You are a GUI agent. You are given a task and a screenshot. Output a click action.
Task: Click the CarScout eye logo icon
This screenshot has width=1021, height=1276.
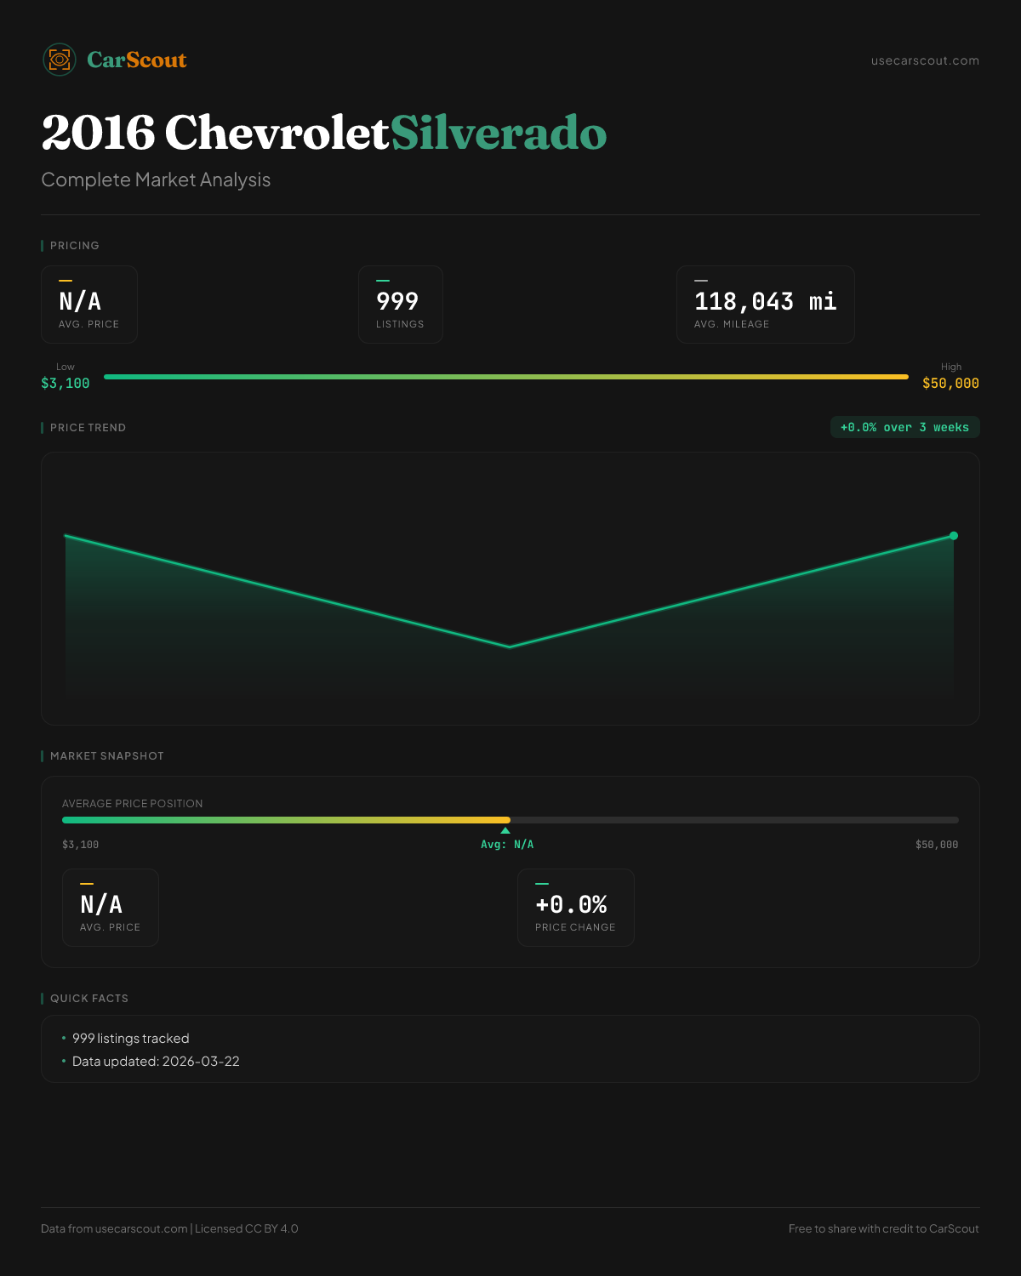[60, 60]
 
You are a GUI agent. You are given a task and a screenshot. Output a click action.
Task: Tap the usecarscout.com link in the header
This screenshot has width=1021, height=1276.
[925, 60]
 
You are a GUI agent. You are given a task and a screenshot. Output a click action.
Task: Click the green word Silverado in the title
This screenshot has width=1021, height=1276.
[499, 133]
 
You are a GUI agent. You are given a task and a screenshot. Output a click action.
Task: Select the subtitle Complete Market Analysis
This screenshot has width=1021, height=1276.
[156, 180]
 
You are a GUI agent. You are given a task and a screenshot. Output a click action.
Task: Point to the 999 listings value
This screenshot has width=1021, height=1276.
[397, 301]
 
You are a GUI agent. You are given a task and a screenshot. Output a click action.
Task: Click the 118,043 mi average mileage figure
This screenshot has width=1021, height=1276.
[765, 301]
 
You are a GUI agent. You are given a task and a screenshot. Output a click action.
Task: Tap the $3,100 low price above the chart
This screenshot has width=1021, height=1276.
[66, 384]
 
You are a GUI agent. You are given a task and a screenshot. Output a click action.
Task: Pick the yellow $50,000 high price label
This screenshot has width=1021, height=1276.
[950, 384]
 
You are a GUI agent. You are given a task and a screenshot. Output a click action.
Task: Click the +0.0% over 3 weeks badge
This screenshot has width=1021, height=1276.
[904, 428]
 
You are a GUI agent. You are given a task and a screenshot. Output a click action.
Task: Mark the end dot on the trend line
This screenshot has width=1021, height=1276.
[954, 536]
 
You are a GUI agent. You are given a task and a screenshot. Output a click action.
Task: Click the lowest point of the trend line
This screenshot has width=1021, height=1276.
[510, 647]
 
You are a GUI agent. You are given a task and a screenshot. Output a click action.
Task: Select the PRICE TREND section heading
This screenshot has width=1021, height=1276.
[88, 428]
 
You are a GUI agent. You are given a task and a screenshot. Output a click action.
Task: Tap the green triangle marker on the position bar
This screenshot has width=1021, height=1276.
[505, 830]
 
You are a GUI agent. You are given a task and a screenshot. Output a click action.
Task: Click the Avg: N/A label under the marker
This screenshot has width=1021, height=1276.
[507, 845]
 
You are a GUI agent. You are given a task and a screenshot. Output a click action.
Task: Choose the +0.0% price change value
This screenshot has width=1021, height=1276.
[571, 904]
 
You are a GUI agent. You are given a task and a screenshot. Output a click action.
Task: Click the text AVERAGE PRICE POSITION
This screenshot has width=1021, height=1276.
[133, 804]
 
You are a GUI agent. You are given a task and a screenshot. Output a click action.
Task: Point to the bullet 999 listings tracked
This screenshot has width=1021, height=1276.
[130, 1039]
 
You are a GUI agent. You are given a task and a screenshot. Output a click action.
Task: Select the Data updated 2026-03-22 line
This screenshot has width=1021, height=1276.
[156, 1062]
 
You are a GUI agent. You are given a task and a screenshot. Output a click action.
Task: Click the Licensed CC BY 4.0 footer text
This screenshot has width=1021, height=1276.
[247, 1229]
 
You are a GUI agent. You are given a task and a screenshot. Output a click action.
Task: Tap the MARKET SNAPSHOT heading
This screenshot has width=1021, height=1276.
[106, 756]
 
